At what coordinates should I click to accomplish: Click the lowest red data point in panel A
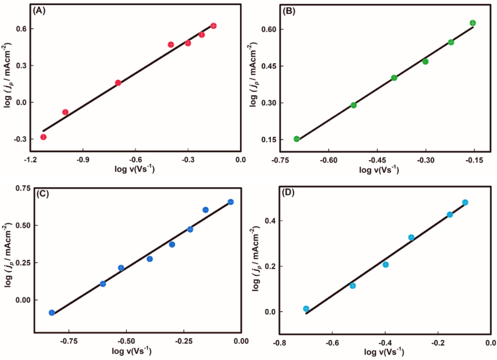tap(43, 137)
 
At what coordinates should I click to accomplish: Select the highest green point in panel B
tap(472, 23)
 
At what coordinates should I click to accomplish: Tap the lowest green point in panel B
tap(297, 139)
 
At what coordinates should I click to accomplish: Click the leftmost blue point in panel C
tap(52, 313)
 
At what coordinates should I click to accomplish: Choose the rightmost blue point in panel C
tap(231, 202)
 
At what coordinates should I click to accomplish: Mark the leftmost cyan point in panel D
tap(306, 309)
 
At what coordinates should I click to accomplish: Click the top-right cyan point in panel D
tap(465, 202)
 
